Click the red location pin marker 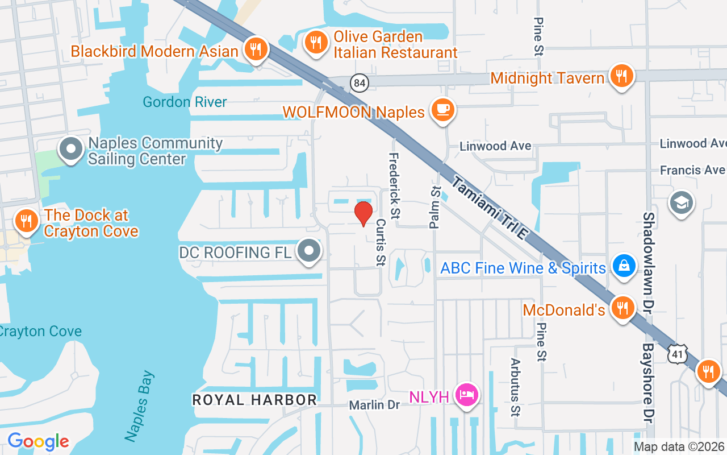click(363, 214)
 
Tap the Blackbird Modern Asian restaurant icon click(256, 49)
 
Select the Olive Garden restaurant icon click(315, 43)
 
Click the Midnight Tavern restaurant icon click(622, 76)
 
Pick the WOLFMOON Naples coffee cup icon click(442, 109)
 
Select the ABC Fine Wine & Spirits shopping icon click(624, 266)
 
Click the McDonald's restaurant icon click(623, 309)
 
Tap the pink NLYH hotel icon click(467, 395)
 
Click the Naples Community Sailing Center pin click(71, 150)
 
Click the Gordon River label click(185, 102)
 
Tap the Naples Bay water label click(140, 406)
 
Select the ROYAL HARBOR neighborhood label click(254, 400)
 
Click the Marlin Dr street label click(374, 405)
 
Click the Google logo click(38, 441)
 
